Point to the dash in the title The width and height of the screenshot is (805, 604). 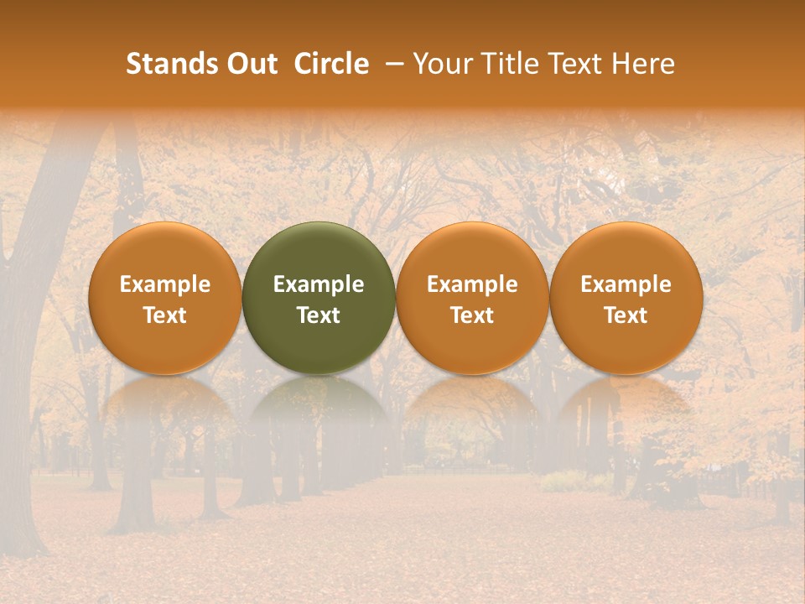point(391,64)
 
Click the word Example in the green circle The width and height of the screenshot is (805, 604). point(319,284)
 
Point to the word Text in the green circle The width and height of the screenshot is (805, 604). point(319,315)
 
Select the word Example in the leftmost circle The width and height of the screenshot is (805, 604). point(164,284)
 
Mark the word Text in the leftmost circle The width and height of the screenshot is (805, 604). point(164,315)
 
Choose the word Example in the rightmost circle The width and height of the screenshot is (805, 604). point(626,284)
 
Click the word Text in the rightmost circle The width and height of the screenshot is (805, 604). point(626,315)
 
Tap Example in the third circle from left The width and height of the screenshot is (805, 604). point(472,284)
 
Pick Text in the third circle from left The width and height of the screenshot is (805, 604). point(472,315)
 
